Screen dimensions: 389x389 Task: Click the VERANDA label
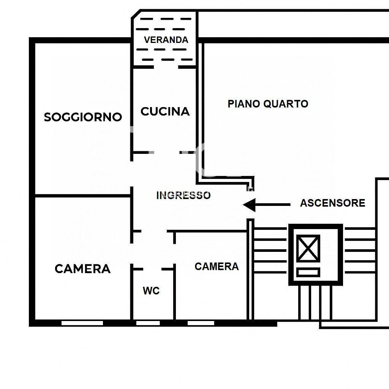(166, 40)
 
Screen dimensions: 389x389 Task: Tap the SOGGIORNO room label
(83, 117)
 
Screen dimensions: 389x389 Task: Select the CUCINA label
(165, 111)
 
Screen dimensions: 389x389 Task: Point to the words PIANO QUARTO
(268, 104)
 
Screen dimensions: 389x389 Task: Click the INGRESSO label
(183, 196)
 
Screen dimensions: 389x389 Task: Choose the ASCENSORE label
(332, 203)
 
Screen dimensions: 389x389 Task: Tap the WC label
(151, 291)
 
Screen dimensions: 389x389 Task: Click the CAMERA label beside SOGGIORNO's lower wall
(82, 269)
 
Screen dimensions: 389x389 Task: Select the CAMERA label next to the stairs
(217, 266)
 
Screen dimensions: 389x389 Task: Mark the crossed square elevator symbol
(308, 248)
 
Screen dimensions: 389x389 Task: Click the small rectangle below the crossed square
(308, 272)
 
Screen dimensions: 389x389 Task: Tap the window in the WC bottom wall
(148, 323)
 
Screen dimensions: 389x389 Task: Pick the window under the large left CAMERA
(82, 323)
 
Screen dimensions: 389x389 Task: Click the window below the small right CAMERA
(201, 323)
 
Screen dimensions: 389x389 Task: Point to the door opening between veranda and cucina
(166, 67)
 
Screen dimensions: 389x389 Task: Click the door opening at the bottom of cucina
(167, 152)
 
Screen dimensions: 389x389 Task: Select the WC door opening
(152, 269)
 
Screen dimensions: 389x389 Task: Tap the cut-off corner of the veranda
(136, 14)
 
